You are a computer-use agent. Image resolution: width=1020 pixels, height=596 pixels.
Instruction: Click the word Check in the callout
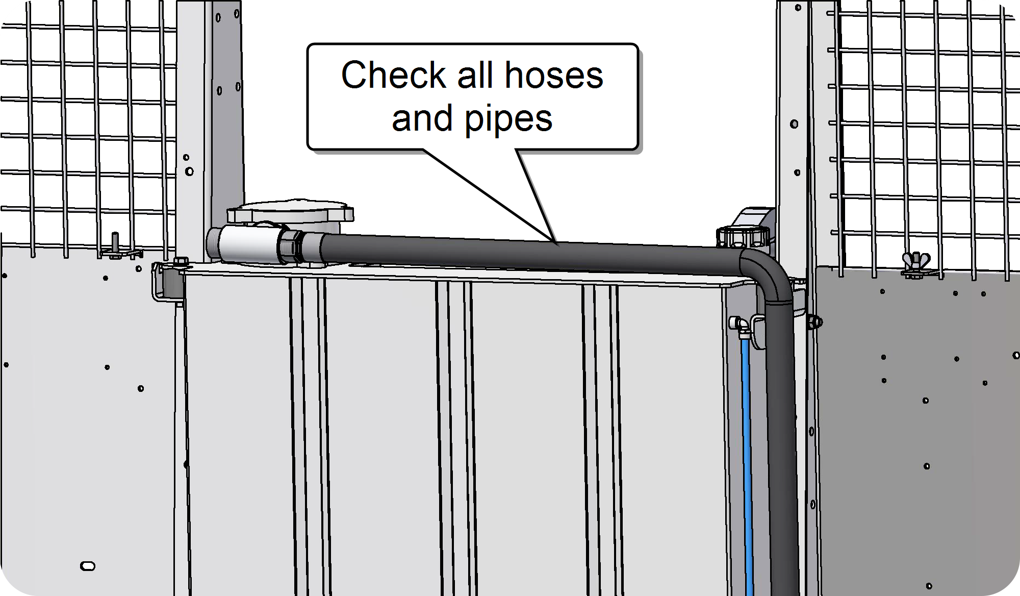coord(394,75)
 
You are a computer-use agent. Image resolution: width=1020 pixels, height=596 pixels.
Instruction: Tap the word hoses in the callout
coord(554,76)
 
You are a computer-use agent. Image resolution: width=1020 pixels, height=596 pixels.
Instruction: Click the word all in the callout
coord(476,75)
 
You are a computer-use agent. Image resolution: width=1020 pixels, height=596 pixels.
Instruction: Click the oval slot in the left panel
coord(88,566)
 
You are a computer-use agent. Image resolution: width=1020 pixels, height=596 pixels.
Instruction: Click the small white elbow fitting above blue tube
coord(738,325)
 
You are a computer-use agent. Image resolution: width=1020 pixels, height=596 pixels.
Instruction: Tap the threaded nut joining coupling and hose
coord(291,246)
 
